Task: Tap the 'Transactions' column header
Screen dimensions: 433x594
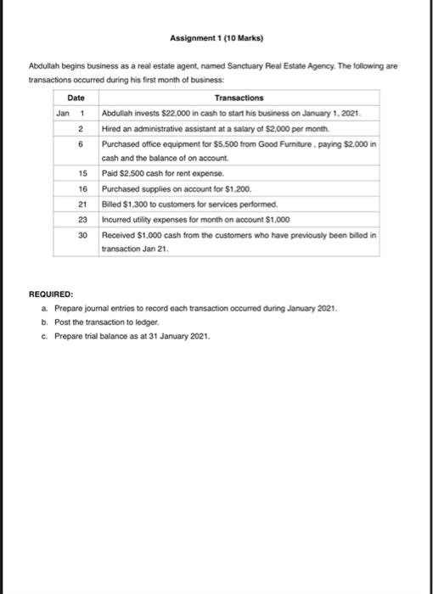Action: [x=239, y=98]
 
